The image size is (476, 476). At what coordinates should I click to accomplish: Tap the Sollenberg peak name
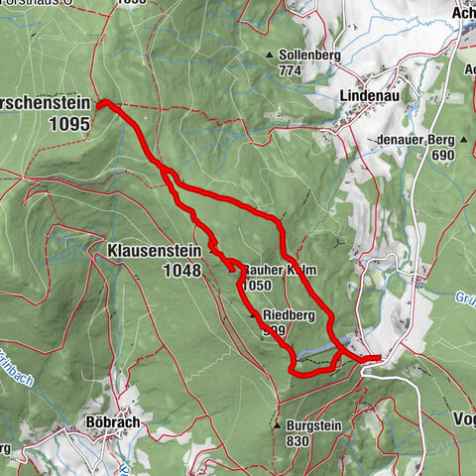[304, 56]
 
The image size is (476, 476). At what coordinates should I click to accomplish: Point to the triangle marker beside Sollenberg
[269, 56]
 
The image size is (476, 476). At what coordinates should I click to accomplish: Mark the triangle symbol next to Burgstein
[277, 424]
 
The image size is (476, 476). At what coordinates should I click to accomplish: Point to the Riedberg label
[290, 315]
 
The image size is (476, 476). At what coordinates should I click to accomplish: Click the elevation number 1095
[69, 124]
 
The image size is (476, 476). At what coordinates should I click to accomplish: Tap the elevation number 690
[441, 156]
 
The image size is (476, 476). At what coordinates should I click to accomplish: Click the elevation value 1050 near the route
[255, 285]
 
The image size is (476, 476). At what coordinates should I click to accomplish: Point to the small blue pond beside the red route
[315, 350]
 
